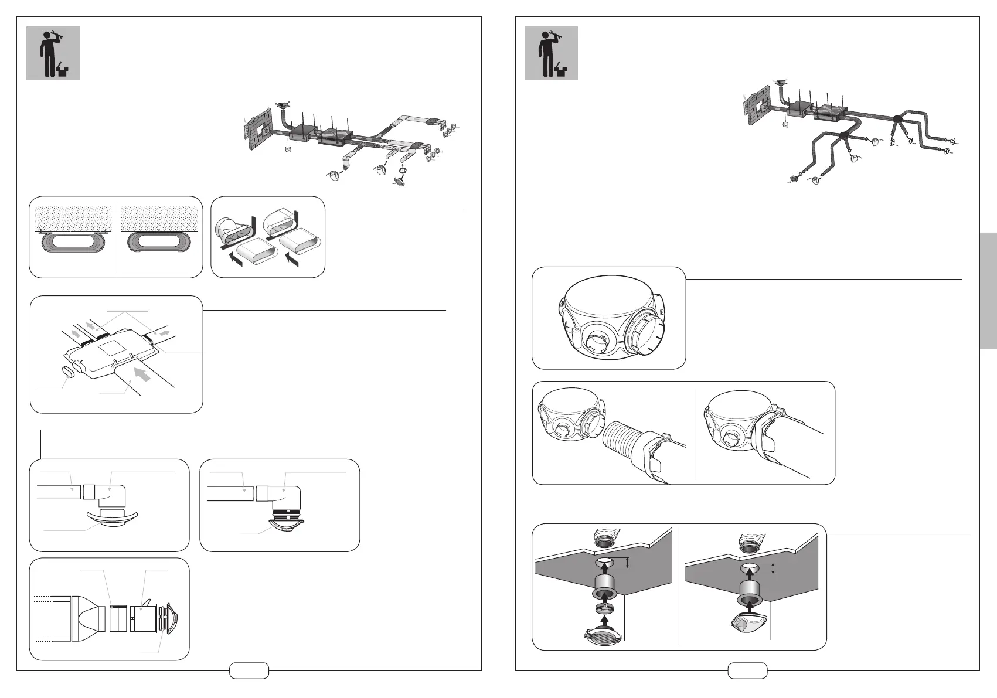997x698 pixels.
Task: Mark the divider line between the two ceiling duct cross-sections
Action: pyautogui.click(x=117, y=237)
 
